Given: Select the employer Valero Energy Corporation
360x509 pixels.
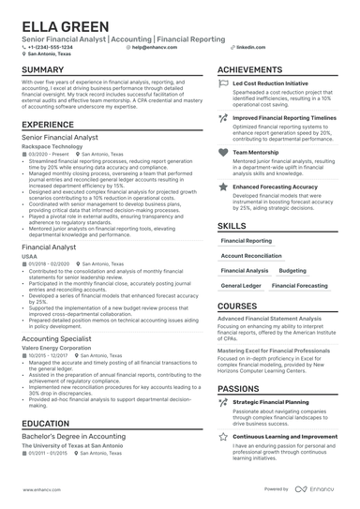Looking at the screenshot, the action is click(x=58, y=347).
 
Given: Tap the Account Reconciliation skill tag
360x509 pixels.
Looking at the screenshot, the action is click(x=251, y=255).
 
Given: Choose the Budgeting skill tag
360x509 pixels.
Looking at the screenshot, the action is click(x=292, y=270).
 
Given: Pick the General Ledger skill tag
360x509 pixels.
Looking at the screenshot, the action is click(x=241, y=285).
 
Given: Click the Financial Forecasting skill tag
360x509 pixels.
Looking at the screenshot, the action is click(x=300, y=285).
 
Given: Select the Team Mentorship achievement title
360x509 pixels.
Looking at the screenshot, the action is click(x=254, y=150).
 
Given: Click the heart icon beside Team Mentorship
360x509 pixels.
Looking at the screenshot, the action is click(x=222, y=150).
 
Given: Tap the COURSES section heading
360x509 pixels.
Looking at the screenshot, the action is click(x=237, y=307).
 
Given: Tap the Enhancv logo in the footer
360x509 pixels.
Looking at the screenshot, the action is click(x=317, y=489).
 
